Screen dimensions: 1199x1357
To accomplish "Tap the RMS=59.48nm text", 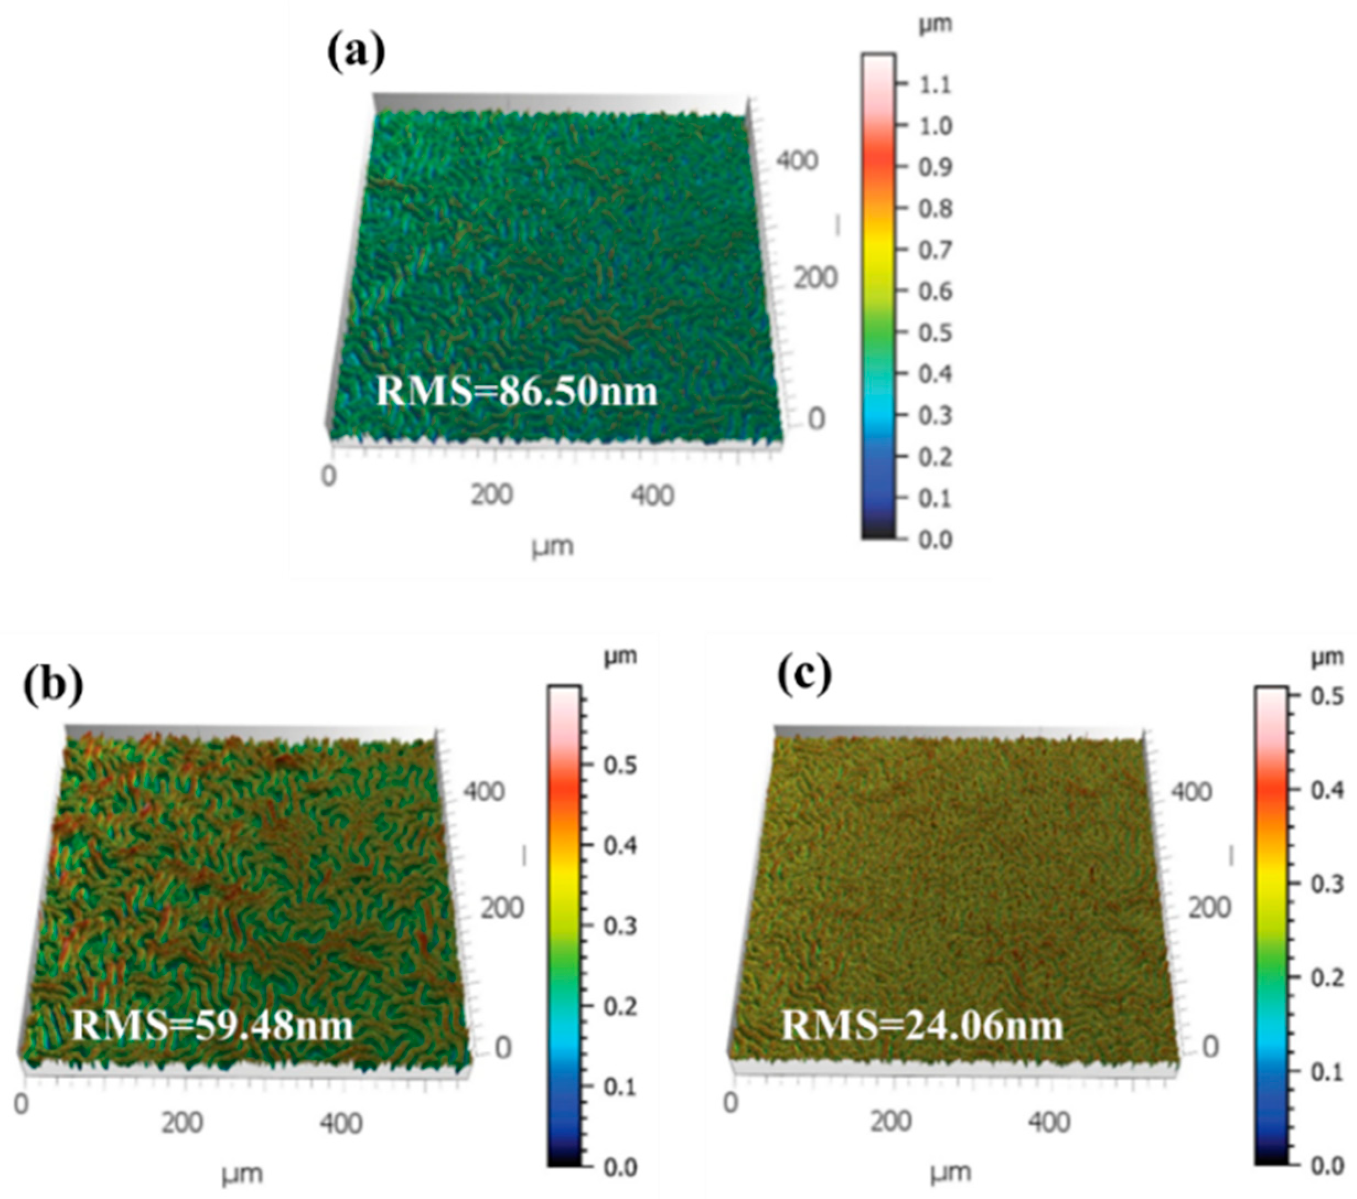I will click(x=212, y=1024).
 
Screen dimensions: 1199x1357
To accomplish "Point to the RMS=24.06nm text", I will click(x=922, y=1024).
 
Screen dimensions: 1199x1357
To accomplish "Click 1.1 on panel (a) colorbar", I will click(x=935, y=84).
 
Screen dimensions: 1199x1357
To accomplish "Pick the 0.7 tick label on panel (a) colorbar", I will click(x=935, y=250).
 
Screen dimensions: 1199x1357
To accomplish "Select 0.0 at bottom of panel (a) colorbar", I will click(x=935, y=539).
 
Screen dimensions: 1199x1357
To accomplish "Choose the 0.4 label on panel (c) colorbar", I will click(x=1327, y=790).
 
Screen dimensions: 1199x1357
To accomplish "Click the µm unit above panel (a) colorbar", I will click(x=935, y=25).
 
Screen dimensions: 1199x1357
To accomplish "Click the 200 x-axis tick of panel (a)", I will click(x=491, y=495).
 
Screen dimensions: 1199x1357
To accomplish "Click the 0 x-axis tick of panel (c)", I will click(x=730, y=1103).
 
